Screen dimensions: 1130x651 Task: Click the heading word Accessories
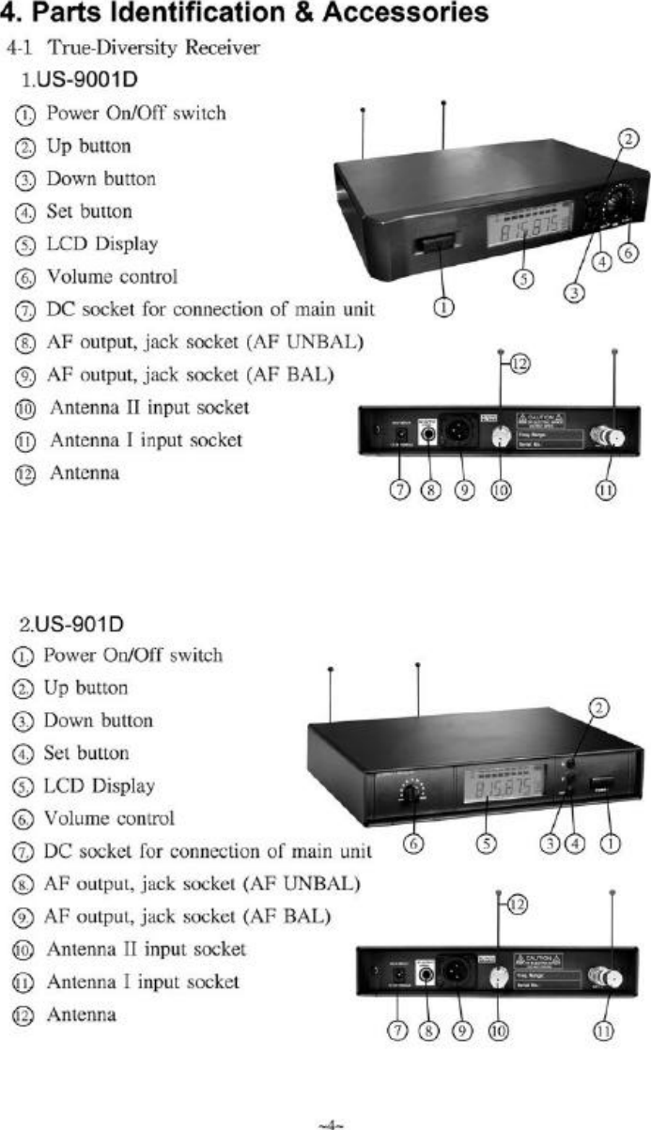[x=411, y=15]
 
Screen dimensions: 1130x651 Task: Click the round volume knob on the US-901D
[x=411, y=794]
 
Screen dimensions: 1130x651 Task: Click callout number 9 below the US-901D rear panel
[x=460, y=1030]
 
